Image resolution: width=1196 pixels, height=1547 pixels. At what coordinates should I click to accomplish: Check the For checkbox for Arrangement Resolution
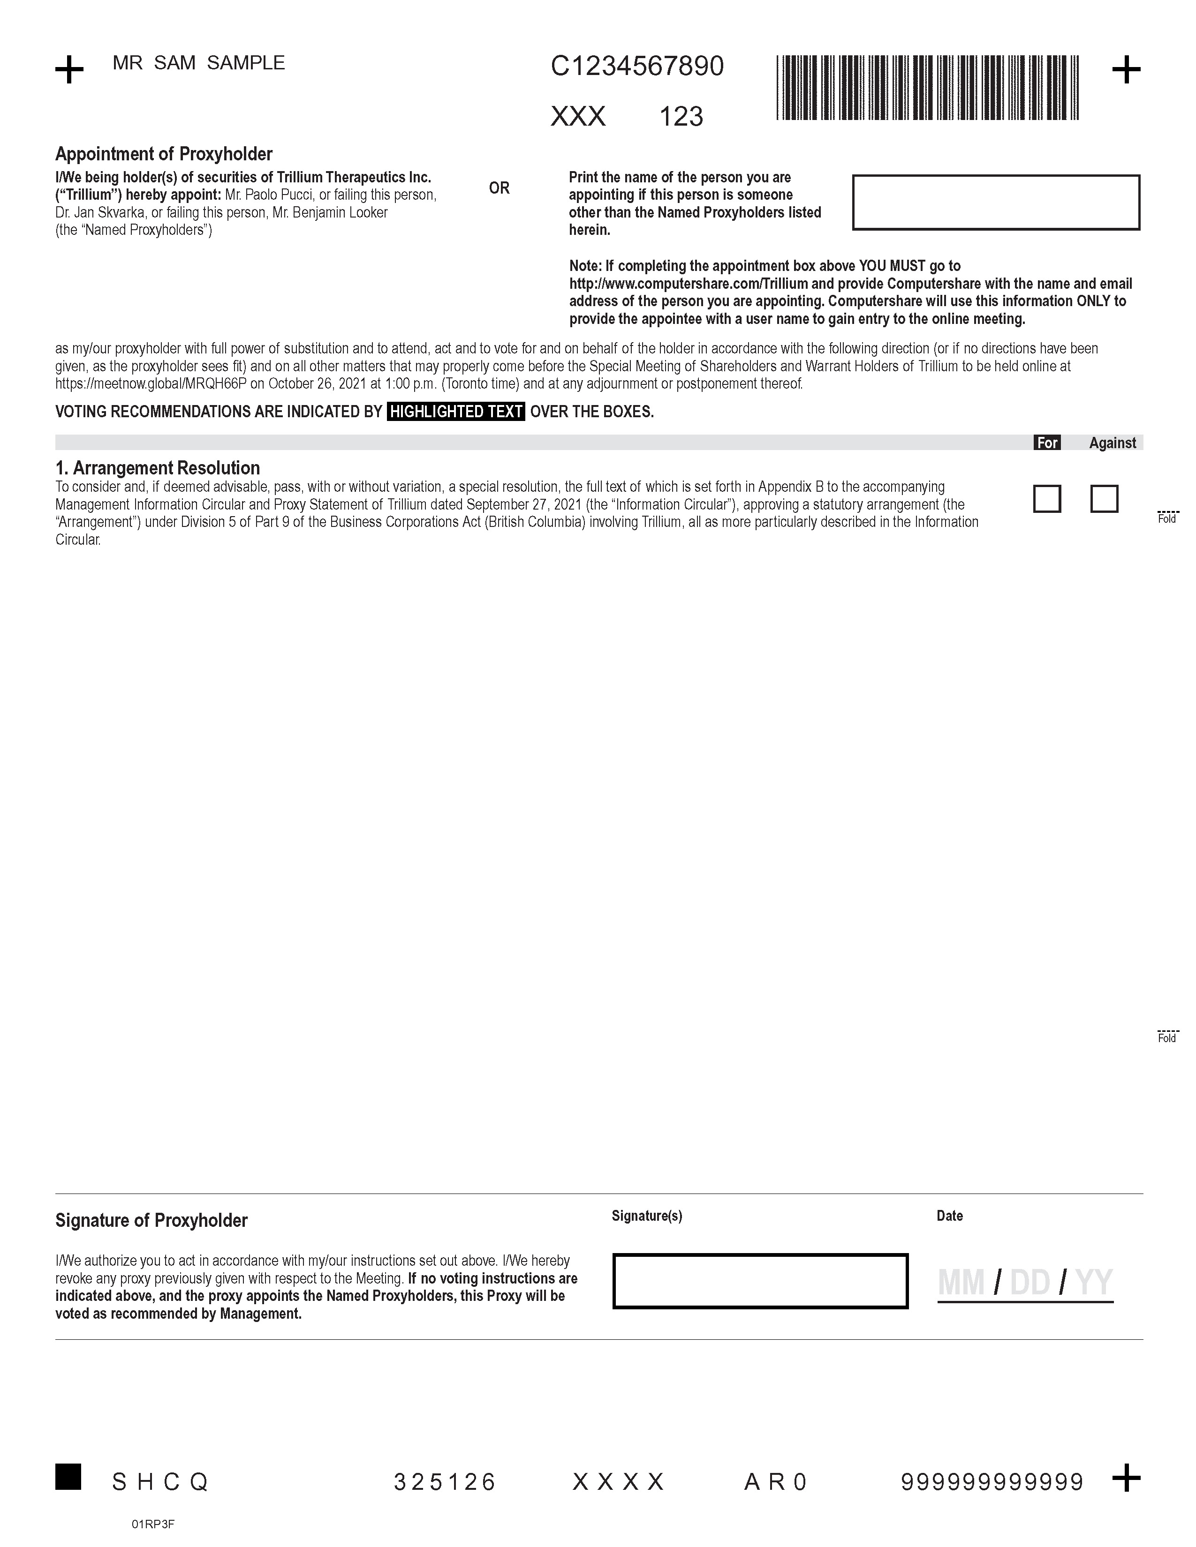tap(1046, 499)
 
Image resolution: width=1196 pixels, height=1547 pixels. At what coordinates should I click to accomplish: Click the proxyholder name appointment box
tap(995, 202)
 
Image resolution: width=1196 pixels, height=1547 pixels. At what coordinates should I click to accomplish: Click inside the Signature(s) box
tap(759, 1281)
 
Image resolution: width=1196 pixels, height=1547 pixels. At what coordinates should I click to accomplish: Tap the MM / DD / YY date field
tap(1024, 1283)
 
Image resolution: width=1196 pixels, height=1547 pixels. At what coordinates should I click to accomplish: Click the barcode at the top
tap(927, 88)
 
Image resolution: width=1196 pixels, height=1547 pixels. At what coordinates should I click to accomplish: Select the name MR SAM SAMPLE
tap(198, 63)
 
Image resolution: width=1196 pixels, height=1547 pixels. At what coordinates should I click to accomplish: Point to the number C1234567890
tap(637, 67)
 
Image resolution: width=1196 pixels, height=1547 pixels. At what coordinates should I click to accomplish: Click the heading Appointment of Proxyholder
tap(164, 154)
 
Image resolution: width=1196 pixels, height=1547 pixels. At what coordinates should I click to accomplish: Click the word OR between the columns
tap(499, 188)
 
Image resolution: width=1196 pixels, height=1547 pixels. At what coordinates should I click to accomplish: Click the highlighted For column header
tap(1046, 443)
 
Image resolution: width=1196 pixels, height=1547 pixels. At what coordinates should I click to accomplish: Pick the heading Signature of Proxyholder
tap(151, 1220)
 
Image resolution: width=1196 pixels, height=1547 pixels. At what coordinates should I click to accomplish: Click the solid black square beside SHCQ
tap(68, 1476)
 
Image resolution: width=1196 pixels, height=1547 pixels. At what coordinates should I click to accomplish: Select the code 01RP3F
tap(152, 1524)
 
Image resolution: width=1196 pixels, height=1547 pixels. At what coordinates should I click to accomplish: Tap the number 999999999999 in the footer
tap(992, 1482)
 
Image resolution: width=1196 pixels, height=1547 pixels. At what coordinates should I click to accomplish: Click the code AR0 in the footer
tap(776, 1482)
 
